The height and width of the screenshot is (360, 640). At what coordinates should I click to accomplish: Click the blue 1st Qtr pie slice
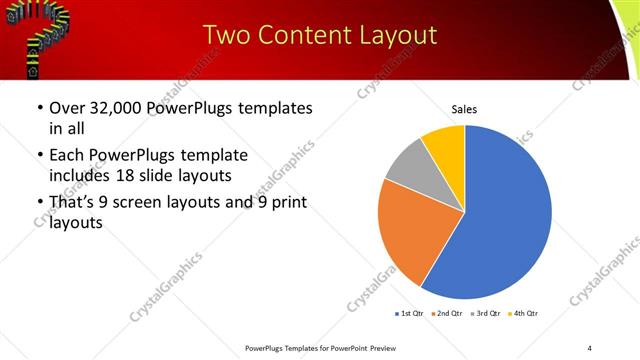point(505,215)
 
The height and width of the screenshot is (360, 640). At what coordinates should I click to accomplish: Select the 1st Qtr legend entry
point(410,314)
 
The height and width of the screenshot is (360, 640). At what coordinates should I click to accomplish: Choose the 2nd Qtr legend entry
point(448,314)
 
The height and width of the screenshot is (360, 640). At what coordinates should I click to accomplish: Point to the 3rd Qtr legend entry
point(487,314)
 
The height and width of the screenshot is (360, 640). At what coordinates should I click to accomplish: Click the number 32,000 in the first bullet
point(118,108)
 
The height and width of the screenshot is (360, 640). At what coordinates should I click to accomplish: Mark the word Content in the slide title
point(307,35)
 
